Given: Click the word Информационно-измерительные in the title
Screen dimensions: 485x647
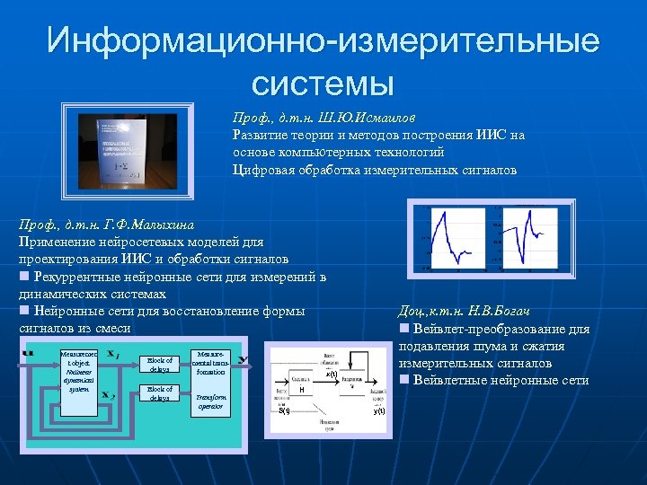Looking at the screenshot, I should [323, 41].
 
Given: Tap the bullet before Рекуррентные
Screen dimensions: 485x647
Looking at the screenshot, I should [24, 277].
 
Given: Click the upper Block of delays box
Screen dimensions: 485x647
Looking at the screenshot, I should [161, 365].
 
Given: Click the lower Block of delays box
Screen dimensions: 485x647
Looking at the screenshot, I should [161, 393].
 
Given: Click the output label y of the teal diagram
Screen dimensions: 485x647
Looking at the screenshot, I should [244, 361].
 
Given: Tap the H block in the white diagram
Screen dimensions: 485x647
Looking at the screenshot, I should [303, 391].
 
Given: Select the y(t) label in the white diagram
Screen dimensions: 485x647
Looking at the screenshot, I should [379, 410].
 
